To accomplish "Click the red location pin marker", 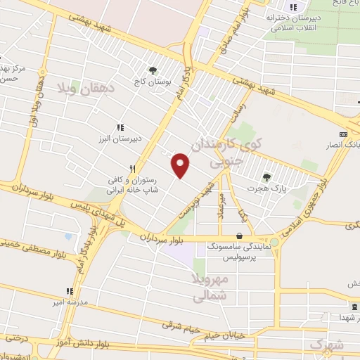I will click(x=181, y=165).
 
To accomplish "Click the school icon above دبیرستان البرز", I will click(x=120, y=127).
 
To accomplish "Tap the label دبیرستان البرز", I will click(x=120, y=138).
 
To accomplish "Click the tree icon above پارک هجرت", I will click(x=266, y=177).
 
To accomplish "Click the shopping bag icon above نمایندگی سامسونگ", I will click(x=240, y=236).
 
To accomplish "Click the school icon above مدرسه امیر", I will click(x=70, y=291).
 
